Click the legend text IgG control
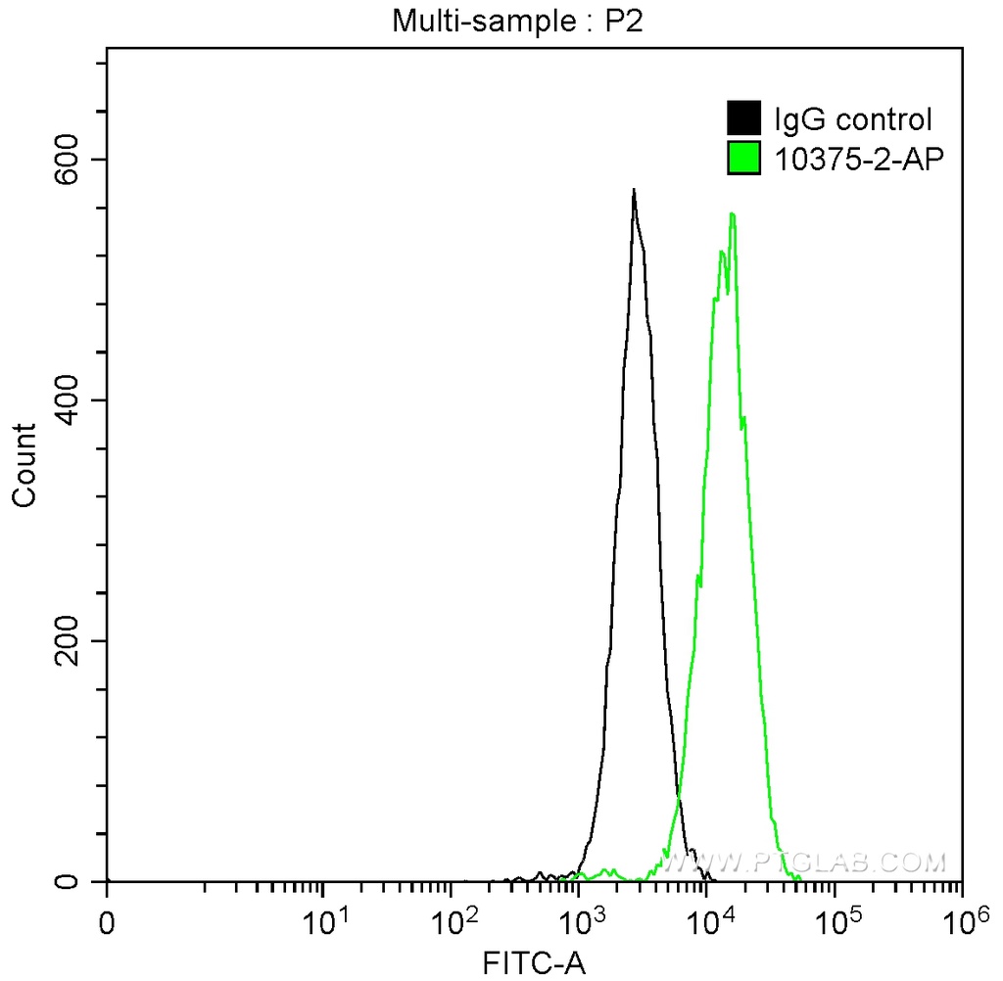853,119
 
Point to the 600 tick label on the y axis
66,160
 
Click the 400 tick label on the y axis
66,400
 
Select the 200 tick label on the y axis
66,641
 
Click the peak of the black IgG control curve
634,190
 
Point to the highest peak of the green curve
732,213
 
